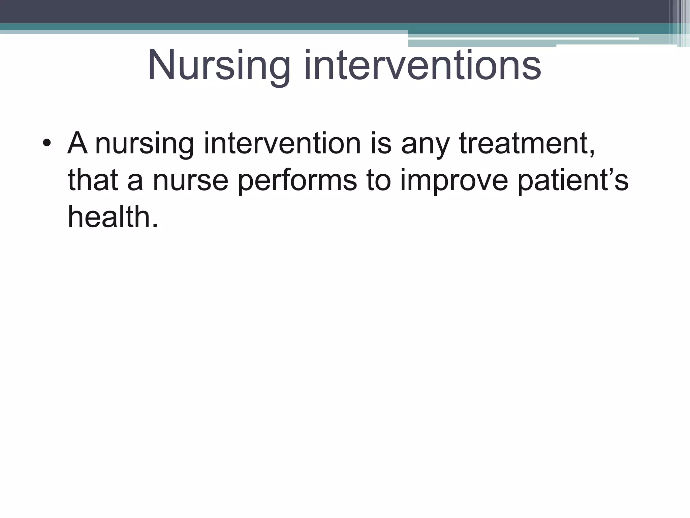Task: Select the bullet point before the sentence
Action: [x=47, y=144]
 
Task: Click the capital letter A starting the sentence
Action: [x=77, y=143]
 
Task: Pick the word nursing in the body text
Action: [x=145, y=144]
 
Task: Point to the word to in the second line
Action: [x=379, y=180]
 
